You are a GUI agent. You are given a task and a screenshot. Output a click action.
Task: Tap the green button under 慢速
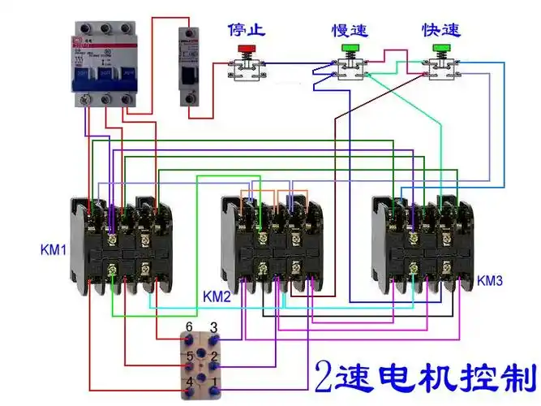coord(350,49)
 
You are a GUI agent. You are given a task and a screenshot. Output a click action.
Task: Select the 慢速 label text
coord(350,30)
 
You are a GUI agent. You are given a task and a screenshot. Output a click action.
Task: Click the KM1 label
coord(53,248)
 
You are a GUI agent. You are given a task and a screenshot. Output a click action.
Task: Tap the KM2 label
coord(217,296)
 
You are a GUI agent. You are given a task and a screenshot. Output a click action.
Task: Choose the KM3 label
coord(490,281)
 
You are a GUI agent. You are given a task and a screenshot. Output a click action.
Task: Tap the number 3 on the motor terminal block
coord(213,326)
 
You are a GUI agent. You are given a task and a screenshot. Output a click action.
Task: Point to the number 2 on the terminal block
coord(213,355)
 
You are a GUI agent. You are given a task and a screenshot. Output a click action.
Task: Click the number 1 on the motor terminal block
coord(213,381)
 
